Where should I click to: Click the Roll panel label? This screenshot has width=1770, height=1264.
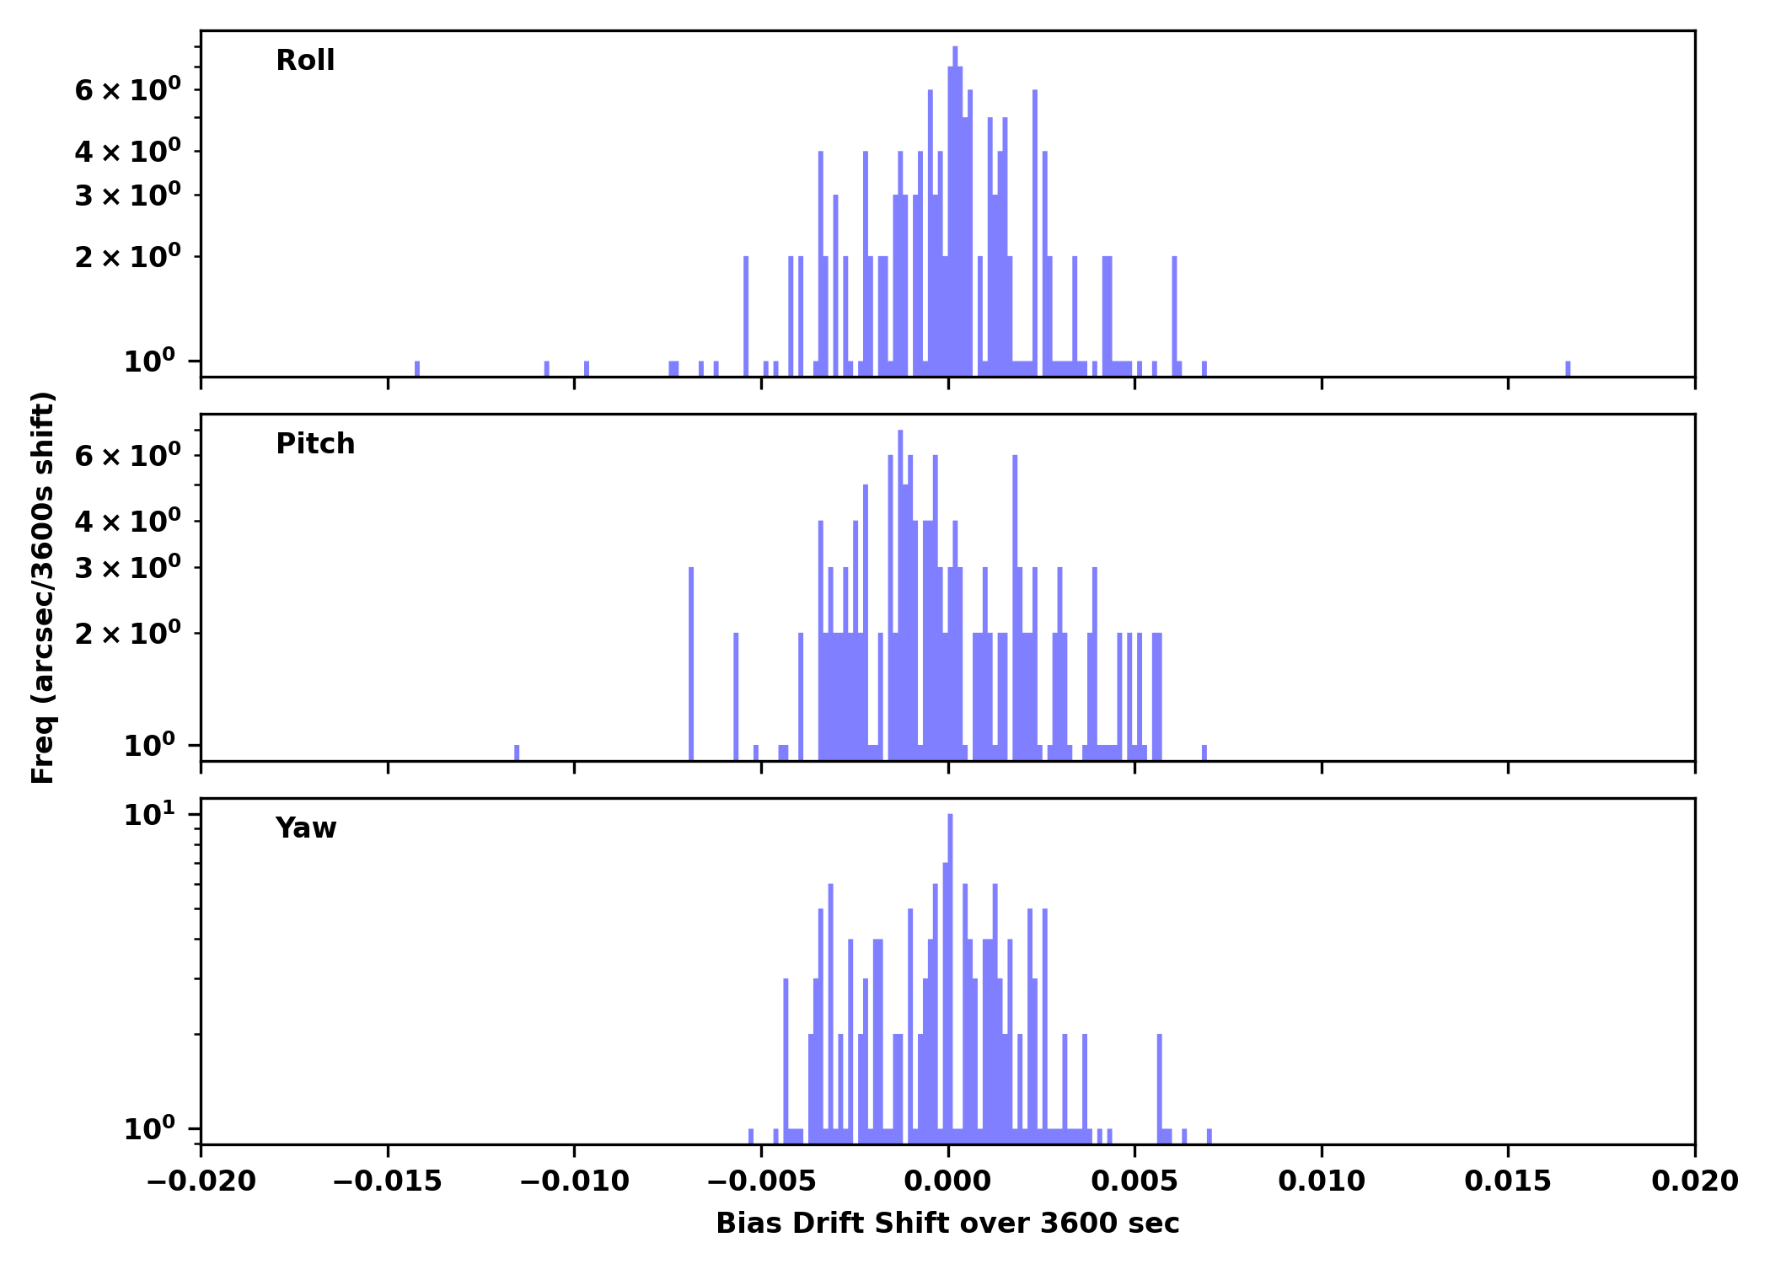pos(305,61)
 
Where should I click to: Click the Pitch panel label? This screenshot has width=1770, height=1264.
pos(315,444)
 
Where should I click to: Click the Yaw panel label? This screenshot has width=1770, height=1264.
pos(305,828)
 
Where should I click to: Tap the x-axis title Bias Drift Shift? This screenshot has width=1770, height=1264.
pos(947,1224)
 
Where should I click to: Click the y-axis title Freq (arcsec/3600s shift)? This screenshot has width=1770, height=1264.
pos(43,587)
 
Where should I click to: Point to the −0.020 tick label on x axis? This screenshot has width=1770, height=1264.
pos(201,1181)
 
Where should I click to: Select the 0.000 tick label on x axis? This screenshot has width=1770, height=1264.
pos(947,1181)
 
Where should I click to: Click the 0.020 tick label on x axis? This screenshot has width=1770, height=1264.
pos(1694,1181)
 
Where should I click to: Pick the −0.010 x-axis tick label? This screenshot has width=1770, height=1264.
pos(574,1181)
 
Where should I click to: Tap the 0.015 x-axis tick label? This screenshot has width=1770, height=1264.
pos(1508,1181)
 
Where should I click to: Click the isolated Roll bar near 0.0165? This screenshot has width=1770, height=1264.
pos(1568,368)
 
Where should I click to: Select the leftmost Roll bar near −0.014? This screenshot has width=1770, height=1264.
pos(417,368)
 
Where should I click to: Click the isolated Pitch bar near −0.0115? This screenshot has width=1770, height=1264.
pos(517,752)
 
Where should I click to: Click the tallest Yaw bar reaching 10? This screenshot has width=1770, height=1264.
pos(950,969)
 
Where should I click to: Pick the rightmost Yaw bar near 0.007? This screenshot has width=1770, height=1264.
pos(1209,1135)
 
